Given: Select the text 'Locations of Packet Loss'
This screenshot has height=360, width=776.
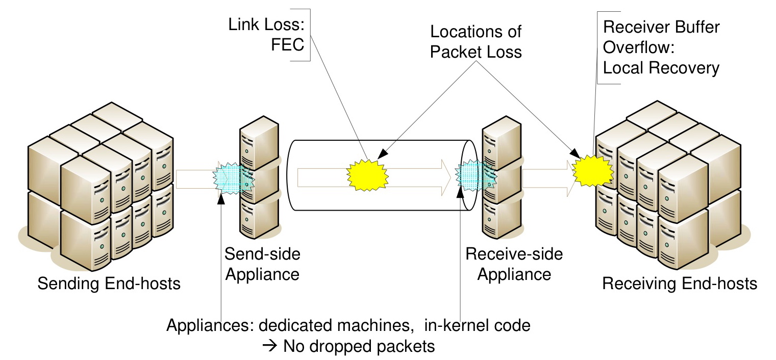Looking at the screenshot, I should tap(475, 42).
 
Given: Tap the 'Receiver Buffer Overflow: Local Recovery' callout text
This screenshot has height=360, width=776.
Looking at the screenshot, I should tap(661, 47).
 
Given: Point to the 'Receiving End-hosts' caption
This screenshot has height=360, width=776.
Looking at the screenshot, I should tap(680, 283).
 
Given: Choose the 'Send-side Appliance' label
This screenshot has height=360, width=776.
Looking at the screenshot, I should tap(262, 264).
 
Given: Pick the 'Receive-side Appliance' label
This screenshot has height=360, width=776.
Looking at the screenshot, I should tap(514, 264).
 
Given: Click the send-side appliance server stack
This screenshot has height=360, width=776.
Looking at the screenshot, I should tap(260, 178).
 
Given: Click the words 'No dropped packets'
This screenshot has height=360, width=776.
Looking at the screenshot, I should tap(359, 347).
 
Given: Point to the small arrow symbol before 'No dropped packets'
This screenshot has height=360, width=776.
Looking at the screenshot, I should tap(269, 347).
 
